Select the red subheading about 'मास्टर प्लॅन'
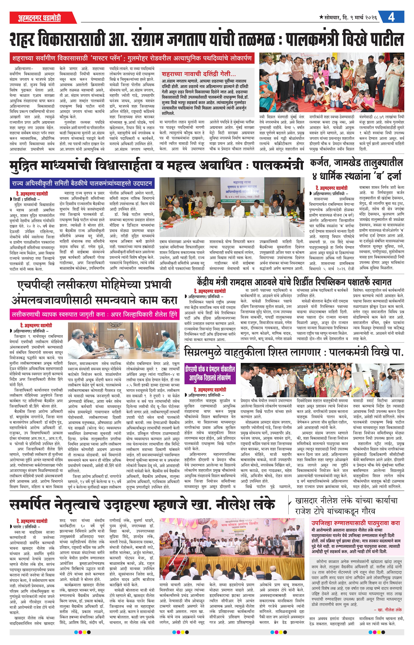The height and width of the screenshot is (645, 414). pyautogui.click(x=132, y=58)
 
